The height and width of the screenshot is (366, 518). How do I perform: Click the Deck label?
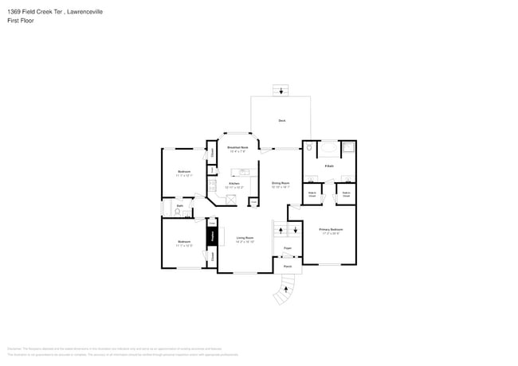281,120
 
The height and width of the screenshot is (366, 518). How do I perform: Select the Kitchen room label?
233,185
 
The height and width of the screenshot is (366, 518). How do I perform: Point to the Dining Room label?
281,185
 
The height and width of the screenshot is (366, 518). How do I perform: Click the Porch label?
287,267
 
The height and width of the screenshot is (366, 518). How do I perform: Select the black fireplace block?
212,237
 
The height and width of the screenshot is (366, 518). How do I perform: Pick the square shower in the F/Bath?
348,147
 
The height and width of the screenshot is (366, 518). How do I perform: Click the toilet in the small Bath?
177,212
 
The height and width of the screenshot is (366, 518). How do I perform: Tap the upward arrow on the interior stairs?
280,230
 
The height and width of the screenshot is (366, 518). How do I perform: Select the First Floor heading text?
20,21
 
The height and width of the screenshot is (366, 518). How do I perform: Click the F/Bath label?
328,165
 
